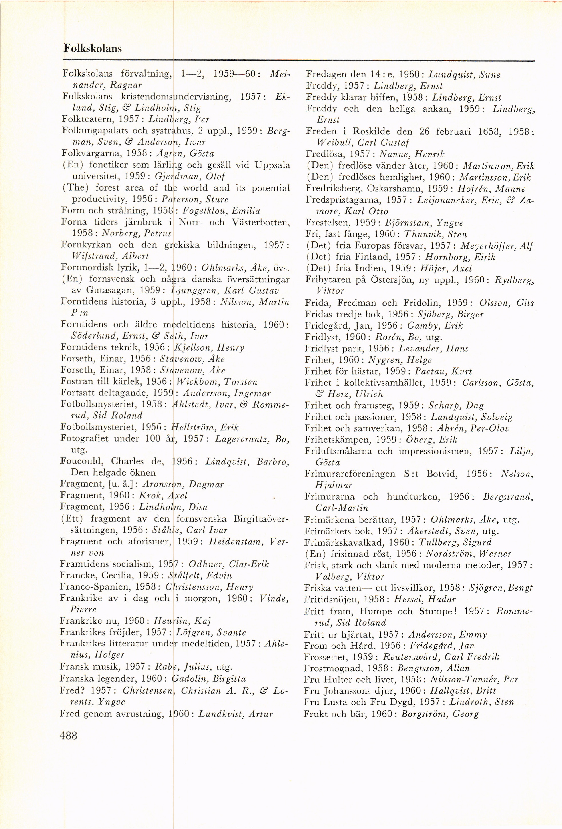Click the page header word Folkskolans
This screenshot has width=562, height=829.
pos(92,49)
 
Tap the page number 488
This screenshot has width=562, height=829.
pos(69,735)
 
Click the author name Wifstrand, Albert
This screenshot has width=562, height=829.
pos(111,256)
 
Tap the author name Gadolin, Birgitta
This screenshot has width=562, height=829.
pos(208,678)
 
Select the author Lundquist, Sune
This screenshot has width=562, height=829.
pos(464,75)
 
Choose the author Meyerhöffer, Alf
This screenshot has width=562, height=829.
pos(496,246)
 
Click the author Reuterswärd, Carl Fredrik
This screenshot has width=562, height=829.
pos(441,657)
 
